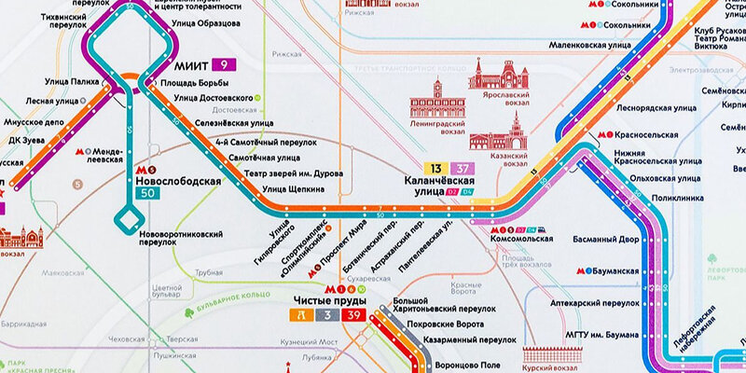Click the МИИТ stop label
[192, 66]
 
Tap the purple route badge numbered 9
[225, 65]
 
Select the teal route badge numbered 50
[144, 192]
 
